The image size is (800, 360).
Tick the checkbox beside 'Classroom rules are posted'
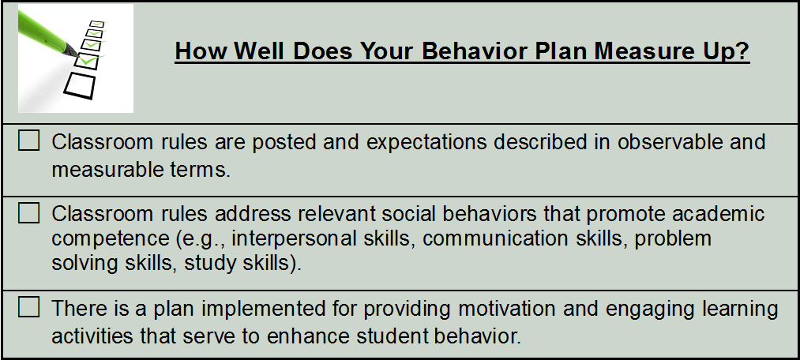point(28,141)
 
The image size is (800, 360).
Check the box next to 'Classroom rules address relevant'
point(28,213)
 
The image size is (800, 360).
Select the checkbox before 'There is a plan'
point(28,307)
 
